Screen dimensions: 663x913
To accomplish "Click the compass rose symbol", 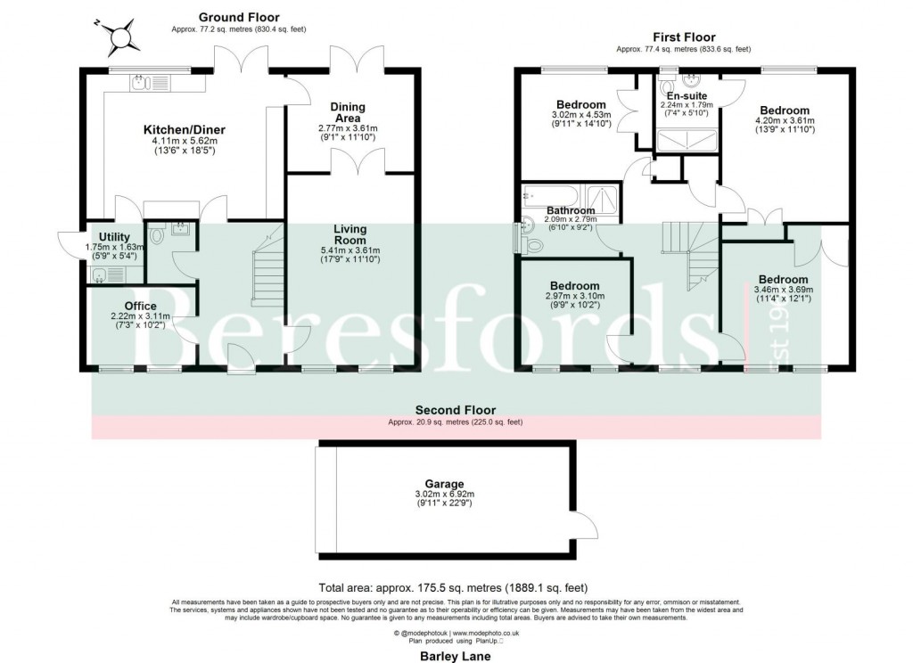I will tap(120, 37).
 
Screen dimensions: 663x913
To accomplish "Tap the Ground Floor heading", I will tap(238, 17).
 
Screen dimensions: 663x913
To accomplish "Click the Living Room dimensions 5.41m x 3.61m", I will tap(350, 250).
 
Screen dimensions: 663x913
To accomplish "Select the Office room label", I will tap(141, 306).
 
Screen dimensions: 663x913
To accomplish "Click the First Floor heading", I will tap(684, 37).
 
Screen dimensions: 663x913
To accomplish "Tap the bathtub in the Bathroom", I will tap(551, 194).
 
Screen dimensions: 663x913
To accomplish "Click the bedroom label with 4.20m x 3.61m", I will tap(781, 110).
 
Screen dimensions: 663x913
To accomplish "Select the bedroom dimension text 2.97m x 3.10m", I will tap(574, 296).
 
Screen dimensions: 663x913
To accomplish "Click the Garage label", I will tap(446, 484).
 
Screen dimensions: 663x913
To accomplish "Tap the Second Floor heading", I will tap(456, 410).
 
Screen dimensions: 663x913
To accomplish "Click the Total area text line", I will tap(454, 588).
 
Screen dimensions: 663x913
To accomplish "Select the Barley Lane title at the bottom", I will tap(456, 655).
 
